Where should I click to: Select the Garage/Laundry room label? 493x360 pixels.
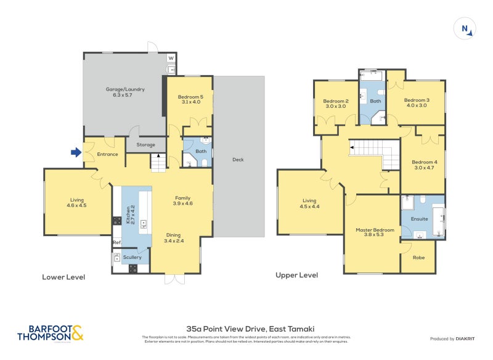click(x=124, y=92)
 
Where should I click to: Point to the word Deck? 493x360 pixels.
click(x=238, y=160)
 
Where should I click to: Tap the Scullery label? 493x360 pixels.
click(x=132, y=257)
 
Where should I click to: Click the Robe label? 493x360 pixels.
click(x=418, y=257)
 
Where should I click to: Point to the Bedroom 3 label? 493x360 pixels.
click(x=417, y=103)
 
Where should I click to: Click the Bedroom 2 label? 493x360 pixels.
click(x=336, y=104)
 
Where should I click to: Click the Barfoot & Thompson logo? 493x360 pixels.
click(x=50, y=333)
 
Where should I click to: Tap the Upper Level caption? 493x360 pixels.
click(x=297, y=275)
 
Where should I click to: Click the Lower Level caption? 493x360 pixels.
click(x=63, y=277)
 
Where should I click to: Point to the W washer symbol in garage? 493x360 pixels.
click(x=171, y=59)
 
